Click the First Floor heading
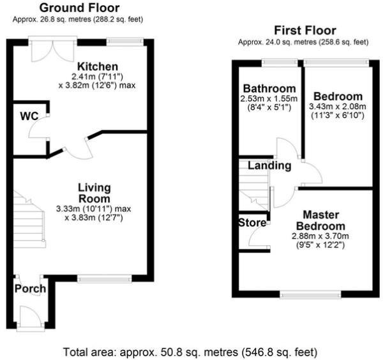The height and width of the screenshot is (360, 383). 304,30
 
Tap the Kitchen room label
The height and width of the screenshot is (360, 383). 98,66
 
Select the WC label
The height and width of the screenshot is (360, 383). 29,117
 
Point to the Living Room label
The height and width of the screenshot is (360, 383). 94,193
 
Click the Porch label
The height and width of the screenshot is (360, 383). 30,289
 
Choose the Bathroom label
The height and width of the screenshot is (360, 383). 269,88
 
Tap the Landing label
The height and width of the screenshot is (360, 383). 269,165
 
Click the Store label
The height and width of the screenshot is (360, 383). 252,223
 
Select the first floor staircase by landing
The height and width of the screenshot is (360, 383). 252,185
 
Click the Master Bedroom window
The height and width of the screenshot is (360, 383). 310,294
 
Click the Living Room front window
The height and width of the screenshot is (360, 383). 105,278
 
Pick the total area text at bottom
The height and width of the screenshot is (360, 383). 190,352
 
